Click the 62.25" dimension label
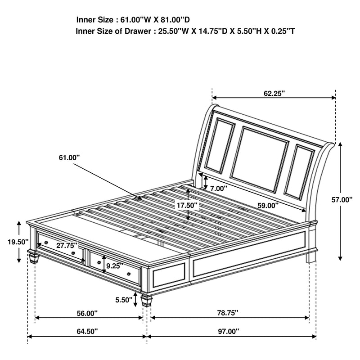point(274,93)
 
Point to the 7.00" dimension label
point(219,188)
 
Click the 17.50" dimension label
point(187,204)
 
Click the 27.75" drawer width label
point(67,246)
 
